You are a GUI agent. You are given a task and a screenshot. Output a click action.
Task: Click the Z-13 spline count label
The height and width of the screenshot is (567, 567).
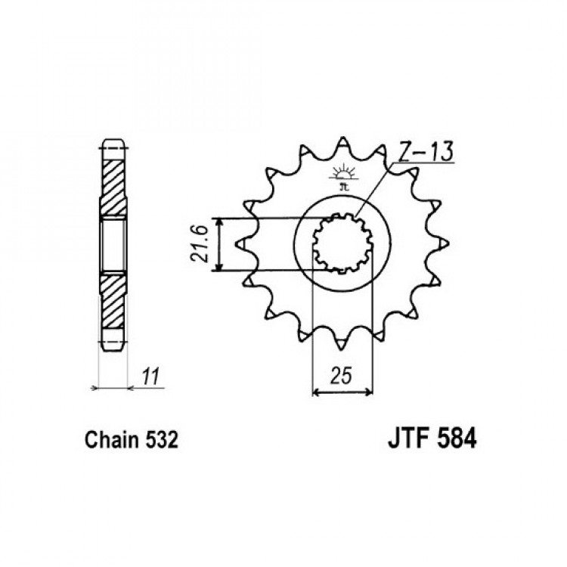(x=426, y=151)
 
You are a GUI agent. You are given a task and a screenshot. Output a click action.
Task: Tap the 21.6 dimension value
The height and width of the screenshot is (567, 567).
(x=199, y=244)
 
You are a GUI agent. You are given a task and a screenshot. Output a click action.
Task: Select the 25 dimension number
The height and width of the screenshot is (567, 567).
(x=341, y=376)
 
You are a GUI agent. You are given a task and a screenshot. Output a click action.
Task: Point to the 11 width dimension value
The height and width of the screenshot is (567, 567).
(x=150, y=376)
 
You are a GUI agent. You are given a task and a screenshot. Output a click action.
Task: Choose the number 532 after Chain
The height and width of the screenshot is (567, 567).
(x=162, y=440)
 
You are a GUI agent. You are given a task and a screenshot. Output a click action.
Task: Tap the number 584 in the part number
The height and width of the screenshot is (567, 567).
(x=457, y=438)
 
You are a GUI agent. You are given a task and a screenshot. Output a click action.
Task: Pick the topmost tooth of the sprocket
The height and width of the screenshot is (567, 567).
(x=342, y=143)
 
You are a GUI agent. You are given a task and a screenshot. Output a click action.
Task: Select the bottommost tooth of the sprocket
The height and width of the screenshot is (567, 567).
(x=340, y=344)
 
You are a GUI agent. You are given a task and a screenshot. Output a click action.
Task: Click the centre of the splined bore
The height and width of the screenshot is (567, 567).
(x=342, y=243)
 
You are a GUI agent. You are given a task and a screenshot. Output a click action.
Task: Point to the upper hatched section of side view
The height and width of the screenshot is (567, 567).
(x=113, y=188)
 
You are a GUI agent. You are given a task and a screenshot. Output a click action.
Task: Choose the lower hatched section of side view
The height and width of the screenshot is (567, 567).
(x=113, y=301)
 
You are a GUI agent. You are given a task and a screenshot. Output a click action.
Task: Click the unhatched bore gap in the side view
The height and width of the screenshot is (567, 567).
(x=113, y=245)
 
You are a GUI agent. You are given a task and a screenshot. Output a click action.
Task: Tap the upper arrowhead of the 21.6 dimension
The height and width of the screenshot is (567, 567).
(x=218, y=222)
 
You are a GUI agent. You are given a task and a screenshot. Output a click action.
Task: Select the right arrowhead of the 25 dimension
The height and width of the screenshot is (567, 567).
(x=368, y=392)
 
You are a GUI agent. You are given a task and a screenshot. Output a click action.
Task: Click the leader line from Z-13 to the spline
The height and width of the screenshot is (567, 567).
(x=373, y=191)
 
